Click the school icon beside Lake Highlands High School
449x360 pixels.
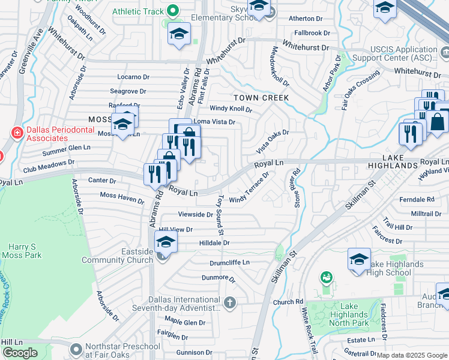(359, 260)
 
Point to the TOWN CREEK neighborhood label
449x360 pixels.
(261, 97)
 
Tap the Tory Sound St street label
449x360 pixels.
(220, 214)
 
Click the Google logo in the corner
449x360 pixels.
(20, 353)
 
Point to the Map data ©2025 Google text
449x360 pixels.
(411, 355)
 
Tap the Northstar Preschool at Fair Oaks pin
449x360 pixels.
(76, 349)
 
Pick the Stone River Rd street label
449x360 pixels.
(297, 187)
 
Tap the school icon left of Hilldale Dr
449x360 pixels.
(166, 242)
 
